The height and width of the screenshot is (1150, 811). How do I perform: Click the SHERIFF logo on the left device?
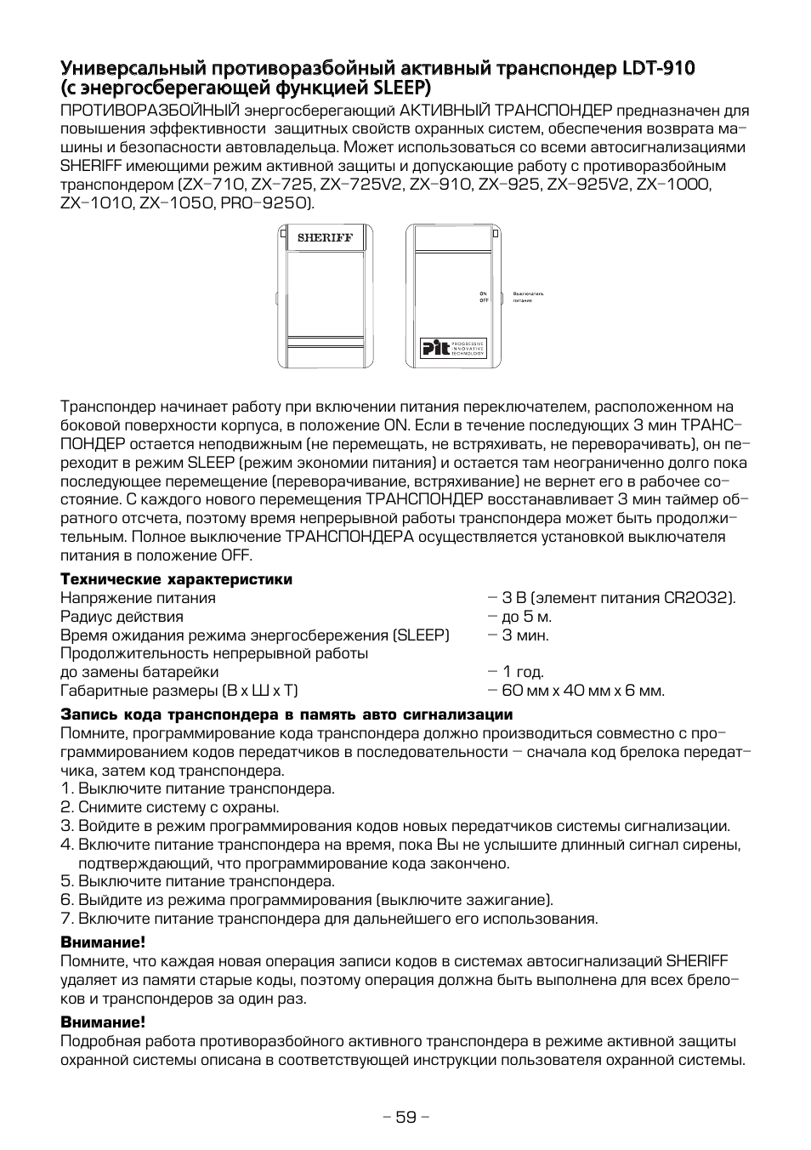(324, 238)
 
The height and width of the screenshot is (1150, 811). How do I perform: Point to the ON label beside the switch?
(484, 293)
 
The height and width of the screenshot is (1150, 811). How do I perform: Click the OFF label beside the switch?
(484, 300)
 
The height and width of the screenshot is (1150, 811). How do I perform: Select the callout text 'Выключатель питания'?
(528, 297)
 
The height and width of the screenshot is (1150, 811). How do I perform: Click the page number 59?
(405, 1117)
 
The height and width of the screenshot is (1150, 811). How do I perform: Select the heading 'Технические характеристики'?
(176, 579)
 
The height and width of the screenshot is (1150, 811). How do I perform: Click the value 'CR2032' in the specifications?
(697, 598)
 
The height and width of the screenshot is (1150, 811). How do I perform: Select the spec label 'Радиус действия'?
(122, 617)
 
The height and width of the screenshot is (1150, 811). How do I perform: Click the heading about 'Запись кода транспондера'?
(286, 714)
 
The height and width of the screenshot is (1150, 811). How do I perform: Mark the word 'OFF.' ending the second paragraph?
(235, 555)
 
